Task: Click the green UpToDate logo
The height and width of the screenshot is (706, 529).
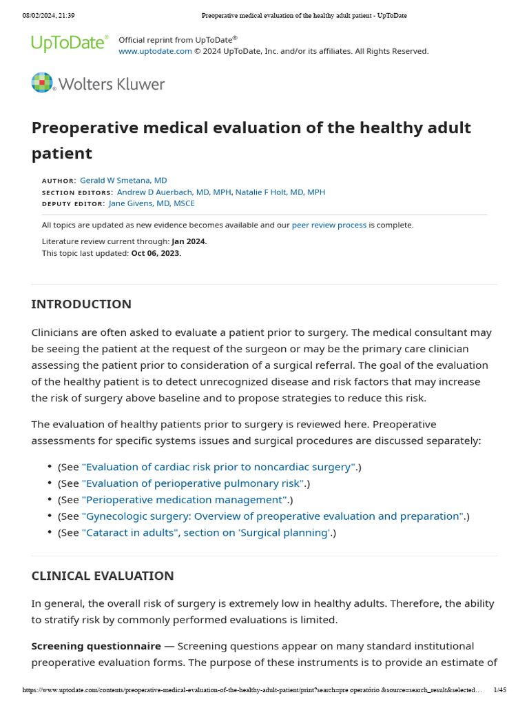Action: pos(70,43)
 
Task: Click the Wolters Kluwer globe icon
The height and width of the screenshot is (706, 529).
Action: pos(42,83)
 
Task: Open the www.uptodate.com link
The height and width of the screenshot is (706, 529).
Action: pos(155,51)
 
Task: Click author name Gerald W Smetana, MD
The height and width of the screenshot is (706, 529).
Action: pos(123,181)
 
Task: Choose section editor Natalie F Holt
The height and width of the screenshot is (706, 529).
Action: pos(280,192)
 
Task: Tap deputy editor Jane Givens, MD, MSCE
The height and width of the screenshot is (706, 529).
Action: pos(152,203)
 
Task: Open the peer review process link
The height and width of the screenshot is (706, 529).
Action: pos(329,225)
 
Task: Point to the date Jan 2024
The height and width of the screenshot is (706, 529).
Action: pos(188,241)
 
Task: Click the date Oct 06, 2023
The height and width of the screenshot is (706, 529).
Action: pos(156,253)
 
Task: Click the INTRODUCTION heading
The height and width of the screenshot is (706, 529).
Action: pos(81,304)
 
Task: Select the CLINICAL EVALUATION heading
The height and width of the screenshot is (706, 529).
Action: pos(103,576)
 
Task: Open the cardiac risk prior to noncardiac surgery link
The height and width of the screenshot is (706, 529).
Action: pos(218,467)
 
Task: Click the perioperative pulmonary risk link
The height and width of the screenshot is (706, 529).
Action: pos(193,483)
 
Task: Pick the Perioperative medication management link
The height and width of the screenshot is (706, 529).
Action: pos(185,500)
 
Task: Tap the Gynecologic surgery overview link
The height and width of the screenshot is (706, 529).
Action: pos(273,516)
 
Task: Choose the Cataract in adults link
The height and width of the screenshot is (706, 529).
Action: pos(207,533)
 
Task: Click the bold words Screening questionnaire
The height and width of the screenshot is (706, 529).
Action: pos(96,646)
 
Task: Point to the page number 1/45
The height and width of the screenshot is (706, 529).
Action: pos(500,690)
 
